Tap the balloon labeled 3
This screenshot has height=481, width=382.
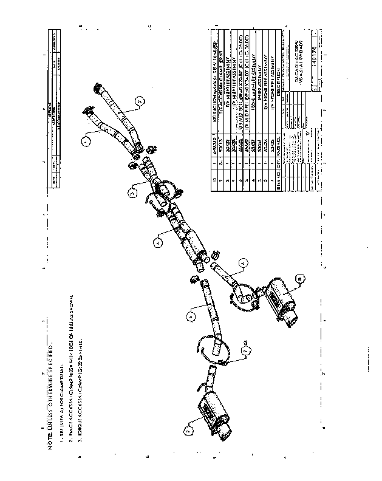click(132, 193)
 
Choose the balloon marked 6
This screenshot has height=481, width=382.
click(242, 262)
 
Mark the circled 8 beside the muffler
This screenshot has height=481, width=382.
click(299, 279)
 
